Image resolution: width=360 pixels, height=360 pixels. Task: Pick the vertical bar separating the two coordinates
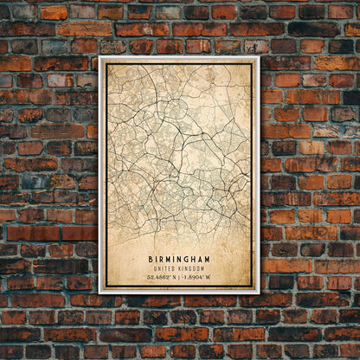(x=180, y=277)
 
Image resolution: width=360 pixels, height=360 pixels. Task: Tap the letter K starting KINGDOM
(x=181, y=268)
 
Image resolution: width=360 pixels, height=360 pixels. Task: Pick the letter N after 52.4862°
(x=175, y=277)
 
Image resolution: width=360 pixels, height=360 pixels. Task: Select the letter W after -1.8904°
(x=209, y=277)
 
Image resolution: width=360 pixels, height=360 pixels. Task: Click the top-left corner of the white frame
(x=100, y=58)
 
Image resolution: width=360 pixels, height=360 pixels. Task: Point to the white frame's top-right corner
(x=258, y=58)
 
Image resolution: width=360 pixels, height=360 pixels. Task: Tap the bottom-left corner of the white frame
(x=100, y=292)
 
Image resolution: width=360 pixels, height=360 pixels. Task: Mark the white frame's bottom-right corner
(x=258, y=292)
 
